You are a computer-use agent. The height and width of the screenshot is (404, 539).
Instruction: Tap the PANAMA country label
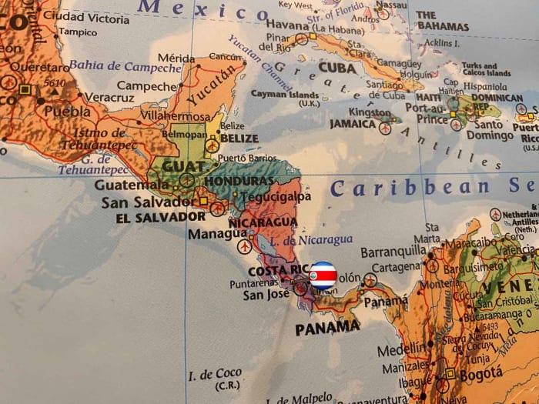[x=327, y=327]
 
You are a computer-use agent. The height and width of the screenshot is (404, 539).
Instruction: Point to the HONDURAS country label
[x=239, y=181]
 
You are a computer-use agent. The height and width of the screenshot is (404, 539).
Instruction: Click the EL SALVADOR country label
[x=160, y=217]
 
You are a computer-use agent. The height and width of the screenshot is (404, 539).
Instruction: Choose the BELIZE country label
[x=239, y=139]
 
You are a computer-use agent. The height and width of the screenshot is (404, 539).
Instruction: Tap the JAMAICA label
[x=353, y=123]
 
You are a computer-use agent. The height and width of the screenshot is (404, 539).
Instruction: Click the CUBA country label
[x=336, y=68]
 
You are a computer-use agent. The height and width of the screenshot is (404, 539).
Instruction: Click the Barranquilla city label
[x=393, y=251]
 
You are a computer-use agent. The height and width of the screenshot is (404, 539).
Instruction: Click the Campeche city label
[x=147, y=85]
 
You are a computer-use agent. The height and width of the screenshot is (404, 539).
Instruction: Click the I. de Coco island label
[x=215, y=375]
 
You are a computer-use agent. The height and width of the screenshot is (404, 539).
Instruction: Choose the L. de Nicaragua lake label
[x=317, y=240]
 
